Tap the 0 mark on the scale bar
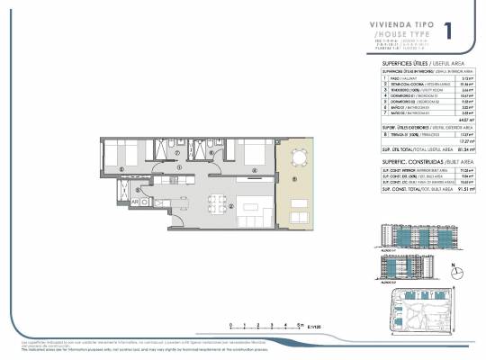pyautogui.click(x=231, y=326)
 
